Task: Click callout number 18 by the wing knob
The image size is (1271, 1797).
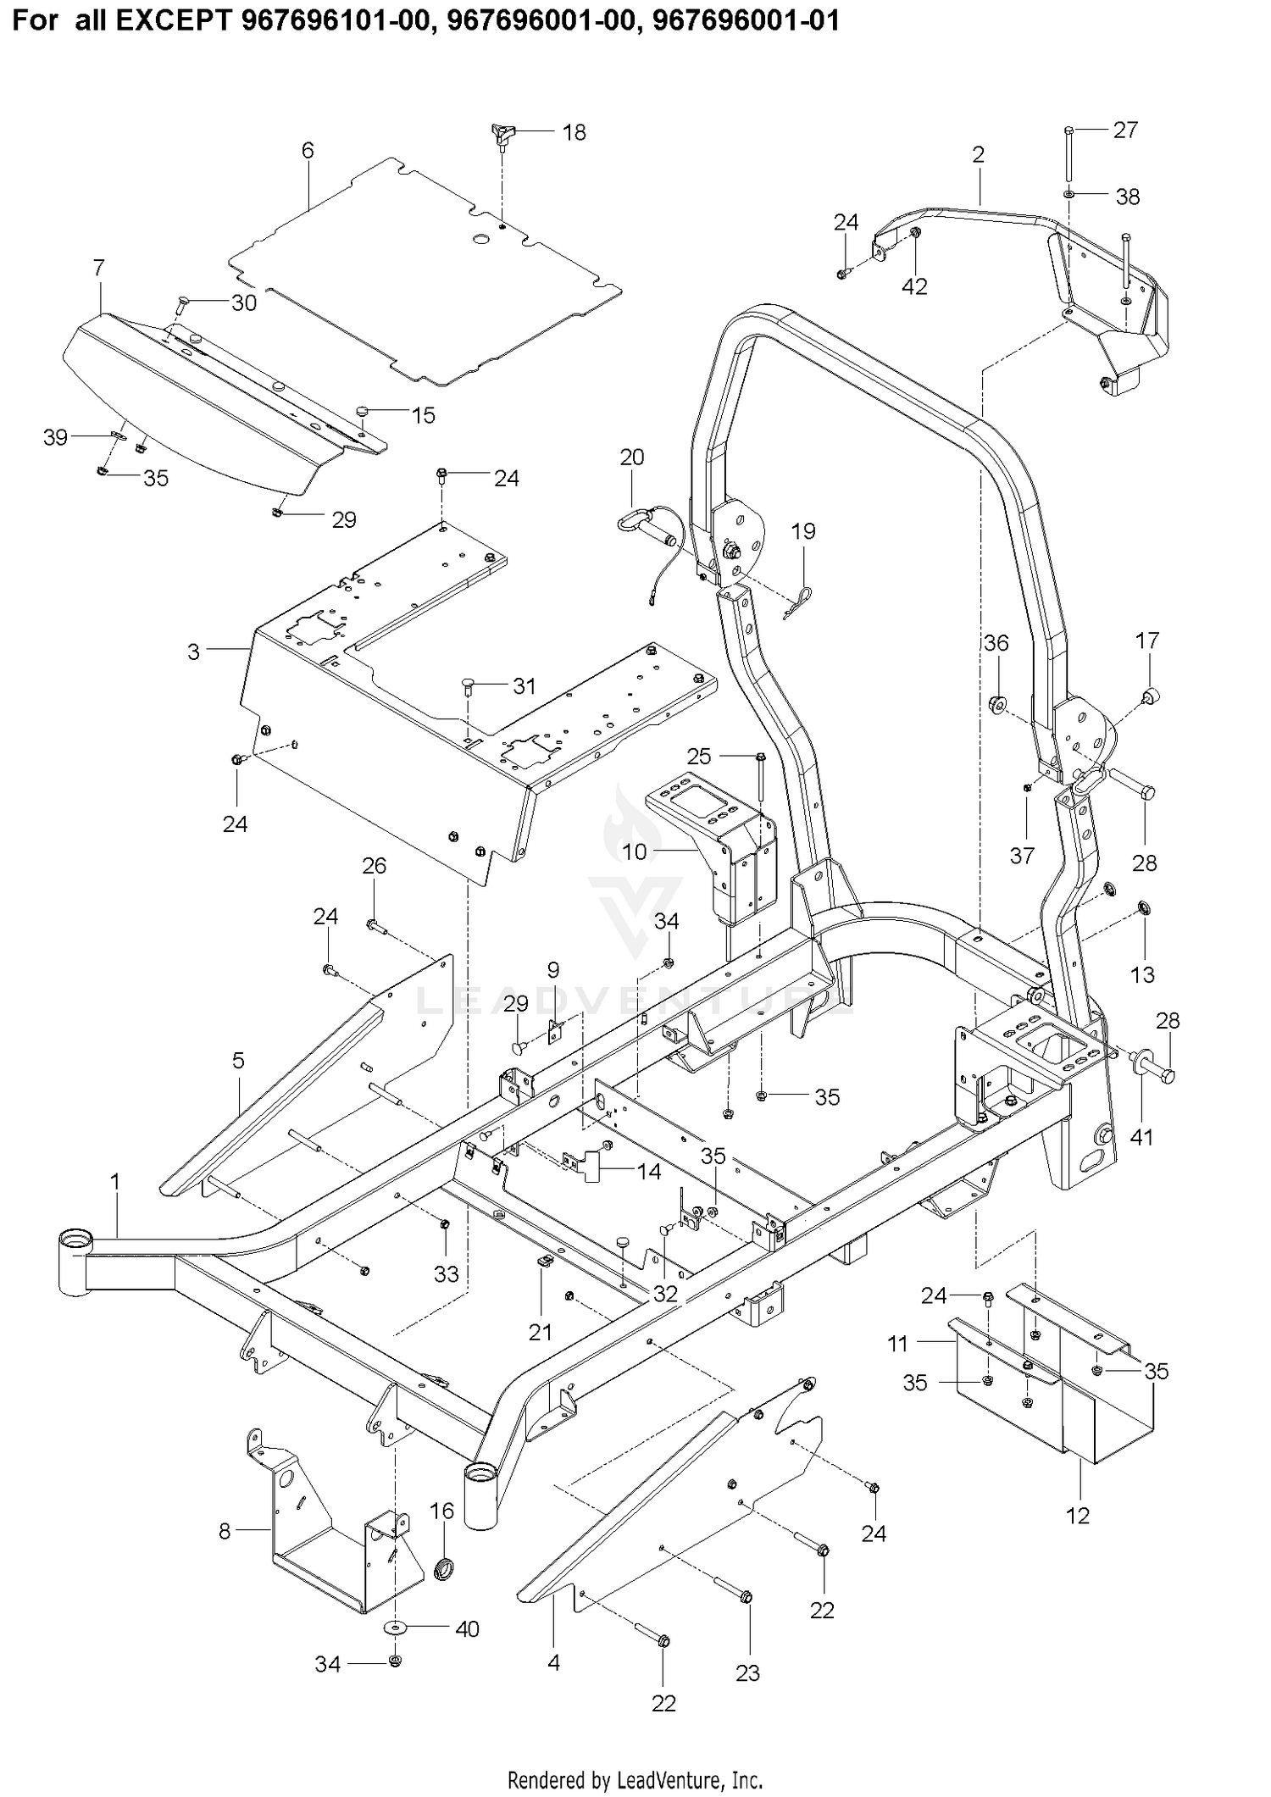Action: click(574, 132)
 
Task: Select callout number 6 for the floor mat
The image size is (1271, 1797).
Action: click(308, 150)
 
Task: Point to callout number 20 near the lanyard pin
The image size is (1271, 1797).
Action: click(632, 458)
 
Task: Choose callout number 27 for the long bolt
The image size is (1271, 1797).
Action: click(1125, 130)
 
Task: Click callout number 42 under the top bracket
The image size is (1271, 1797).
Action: click(914, 286)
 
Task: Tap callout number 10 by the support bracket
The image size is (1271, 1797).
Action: click(635, 851)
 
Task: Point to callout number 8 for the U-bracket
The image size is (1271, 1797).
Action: click(225, 1531)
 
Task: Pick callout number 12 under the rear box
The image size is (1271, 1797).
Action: click(1078, 1515)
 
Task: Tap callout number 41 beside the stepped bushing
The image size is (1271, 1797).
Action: click(1142, 1137)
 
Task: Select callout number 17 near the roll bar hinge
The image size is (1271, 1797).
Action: click(1147, 641)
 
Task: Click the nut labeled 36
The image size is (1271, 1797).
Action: click(996, 703)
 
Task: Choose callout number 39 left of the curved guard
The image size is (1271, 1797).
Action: click(55, 438)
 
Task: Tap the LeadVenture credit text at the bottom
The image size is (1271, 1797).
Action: click(635, 1779)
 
